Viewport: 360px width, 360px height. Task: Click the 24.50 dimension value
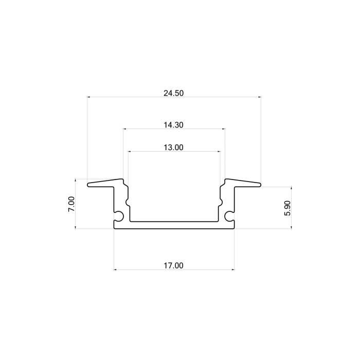point(173,93)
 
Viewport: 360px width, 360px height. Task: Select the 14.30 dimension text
point(173,125)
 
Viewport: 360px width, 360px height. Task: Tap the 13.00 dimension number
point(173,148)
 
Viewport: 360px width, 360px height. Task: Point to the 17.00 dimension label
point(173,265)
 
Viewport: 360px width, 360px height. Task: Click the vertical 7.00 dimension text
point(72,204)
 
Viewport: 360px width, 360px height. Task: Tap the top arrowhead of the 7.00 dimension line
point(76,181)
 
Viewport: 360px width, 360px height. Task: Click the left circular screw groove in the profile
point(119,216)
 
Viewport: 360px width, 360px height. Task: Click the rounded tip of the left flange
point(88,185)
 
